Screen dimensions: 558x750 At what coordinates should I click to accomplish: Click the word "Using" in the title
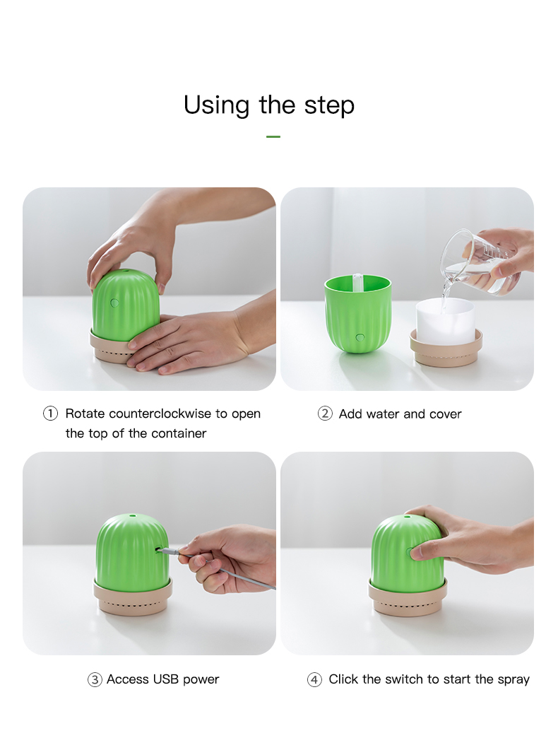tap(216, 105)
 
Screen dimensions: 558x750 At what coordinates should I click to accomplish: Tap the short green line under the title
tap(273, 137)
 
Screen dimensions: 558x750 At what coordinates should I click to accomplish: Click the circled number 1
tap(51, 414)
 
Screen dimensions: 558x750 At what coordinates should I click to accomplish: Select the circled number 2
tap(325, 414)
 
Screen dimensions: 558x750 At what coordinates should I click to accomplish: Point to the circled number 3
tap(95, 679)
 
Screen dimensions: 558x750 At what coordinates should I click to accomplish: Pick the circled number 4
tap(314, 679)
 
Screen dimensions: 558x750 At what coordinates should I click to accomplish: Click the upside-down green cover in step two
tap(358, 313)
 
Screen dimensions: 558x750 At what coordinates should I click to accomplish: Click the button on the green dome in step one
tap(114, 303)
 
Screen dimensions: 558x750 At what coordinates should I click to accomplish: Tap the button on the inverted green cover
tap(360, 338)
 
